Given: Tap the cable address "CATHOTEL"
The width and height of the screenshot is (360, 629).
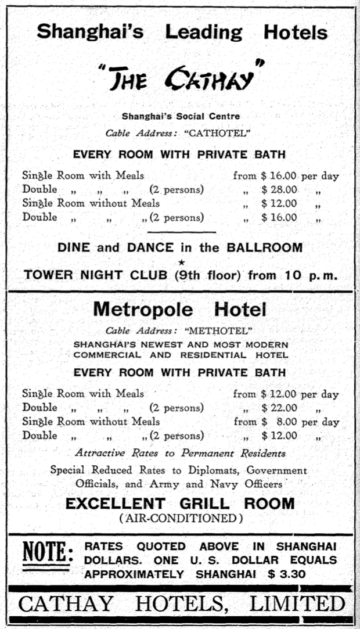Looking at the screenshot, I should pos(217,133).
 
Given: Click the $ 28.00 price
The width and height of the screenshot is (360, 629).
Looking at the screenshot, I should pos(279,189).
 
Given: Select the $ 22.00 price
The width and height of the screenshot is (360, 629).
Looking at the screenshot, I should pos(279,408).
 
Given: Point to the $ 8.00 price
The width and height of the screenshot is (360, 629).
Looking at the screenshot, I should pos(279,422).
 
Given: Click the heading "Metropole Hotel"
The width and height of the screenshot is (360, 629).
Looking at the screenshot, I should pos(179,309).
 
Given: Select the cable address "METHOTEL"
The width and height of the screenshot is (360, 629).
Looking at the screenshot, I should pos(218,331).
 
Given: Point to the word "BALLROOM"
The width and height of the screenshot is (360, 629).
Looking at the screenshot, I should pos(265,247).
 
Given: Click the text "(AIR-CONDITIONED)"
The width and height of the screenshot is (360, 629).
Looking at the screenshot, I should pos(179,518).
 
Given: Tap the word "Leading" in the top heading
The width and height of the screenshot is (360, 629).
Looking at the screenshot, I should pos(203,32).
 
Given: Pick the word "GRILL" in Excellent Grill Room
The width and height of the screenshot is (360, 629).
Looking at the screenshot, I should pos(201,504).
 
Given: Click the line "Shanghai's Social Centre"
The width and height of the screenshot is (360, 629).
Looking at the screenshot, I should pos(181,116).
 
